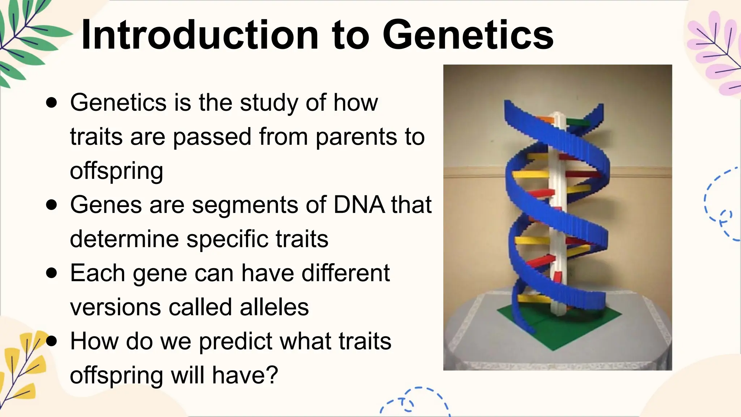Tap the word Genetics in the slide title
pyautogui.click(x=468, y=35)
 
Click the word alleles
pyautogui.click(x=274, y=307)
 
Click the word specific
pyautogui.click(x=227, y=240)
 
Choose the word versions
pyautogui.click(x=115, y=308)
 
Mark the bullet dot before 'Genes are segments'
pyautogui.click(x=52, y=205)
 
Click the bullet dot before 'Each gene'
pyautogui.click(x=52, y=273)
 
